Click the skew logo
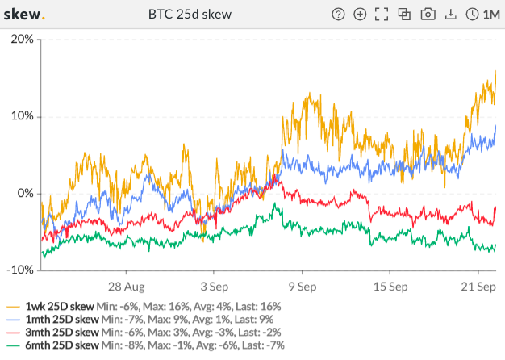click(25, 15)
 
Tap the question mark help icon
click(338, 15)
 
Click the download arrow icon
click(450, 15)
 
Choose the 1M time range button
click(482, 15)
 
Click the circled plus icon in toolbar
click(360, 15)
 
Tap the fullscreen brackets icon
click(382, 15)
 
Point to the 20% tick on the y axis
click(21, 40)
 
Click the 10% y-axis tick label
click(21, 116)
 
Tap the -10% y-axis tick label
click(19, 270)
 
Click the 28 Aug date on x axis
click(126, 287)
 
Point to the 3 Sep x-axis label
click(214, 287)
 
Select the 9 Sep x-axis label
click(302, 287)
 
